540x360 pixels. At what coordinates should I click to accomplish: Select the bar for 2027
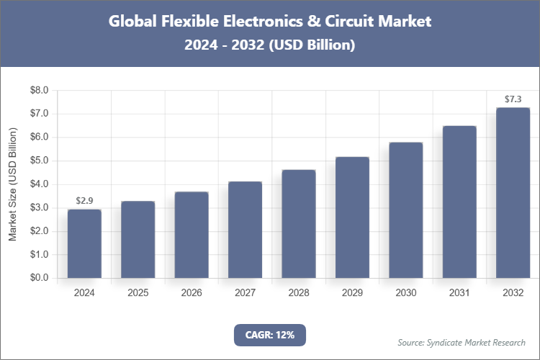[245, 230]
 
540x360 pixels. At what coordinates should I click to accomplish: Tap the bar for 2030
[405, 210]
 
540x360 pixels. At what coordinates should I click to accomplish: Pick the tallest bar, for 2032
[513, 193]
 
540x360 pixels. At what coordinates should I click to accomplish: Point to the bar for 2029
[352, 217]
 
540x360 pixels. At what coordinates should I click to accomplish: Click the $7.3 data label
[513, 99]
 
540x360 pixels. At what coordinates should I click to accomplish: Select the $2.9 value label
[84, 200]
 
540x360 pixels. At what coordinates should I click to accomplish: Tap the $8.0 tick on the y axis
[38, 91]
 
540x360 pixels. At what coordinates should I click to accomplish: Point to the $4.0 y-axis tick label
[38, 184]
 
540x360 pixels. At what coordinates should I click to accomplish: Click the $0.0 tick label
[38, 278]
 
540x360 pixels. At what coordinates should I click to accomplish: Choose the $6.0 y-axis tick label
[38, 138]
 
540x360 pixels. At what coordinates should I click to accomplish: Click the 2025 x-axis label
[138, 293]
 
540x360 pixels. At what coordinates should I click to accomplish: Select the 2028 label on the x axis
[298, 293]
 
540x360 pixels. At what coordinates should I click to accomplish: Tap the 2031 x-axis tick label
[459, 293]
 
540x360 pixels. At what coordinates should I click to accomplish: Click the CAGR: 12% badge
[269, 335]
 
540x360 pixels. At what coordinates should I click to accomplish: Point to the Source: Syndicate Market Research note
[462, 342]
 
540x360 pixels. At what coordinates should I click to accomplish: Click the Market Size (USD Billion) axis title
[12, 184]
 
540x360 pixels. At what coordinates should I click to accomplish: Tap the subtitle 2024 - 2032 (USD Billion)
[269, 45]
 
